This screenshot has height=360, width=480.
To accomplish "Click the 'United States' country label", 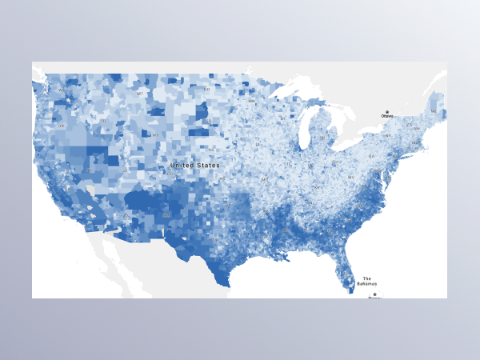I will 194,166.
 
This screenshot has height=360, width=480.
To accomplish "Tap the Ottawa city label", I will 387,116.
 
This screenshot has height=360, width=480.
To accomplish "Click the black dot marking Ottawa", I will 387,112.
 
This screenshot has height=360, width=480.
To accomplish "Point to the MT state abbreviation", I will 140,94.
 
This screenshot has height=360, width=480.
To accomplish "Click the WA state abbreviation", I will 62,90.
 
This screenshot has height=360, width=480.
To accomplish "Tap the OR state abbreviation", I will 61,126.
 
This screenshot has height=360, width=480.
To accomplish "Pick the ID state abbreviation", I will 103,121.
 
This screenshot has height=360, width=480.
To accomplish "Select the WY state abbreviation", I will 155,134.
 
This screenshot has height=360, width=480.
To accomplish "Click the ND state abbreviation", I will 206,90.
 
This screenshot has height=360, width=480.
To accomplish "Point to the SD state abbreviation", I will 208,122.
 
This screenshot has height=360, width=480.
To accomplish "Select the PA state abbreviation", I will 371,156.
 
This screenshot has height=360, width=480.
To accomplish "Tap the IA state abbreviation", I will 265,152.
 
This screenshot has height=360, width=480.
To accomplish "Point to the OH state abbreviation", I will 334,163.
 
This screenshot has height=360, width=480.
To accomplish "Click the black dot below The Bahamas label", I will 374,294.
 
